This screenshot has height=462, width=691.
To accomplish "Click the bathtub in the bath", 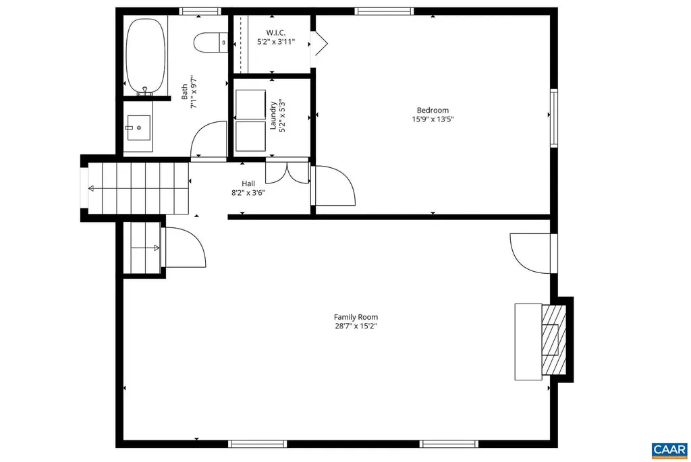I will [x=146, y=57].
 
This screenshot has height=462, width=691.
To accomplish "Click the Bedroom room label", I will [x=432, y=111].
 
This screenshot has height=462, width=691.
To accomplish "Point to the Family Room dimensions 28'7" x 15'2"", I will [x=356, y=326].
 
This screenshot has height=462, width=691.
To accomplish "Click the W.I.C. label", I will [x=275, y=32].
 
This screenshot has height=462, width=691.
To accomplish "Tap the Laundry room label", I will [x=273, y=115].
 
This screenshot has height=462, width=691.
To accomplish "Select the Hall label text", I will [x=248, y=183].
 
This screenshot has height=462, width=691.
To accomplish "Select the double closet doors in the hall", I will [x=287, y=173].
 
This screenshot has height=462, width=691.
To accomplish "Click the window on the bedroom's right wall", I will [x=554, y=119].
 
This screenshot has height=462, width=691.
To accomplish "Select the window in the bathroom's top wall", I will [x=200, y=11].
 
